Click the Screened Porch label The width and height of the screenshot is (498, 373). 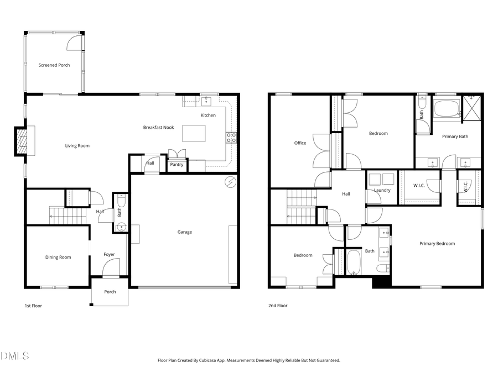[54, 65]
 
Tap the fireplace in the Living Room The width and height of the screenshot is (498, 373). [20, 141]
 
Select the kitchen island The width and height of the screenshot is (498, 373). [194, 133]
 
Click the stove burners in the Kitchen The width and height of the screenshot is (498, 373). [231, 138]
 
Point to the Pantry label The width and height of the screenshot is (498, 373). [177, 165]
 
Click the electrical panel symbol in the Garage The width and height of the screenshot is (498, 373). [230, 182]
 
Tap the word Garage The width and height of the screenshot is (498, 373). [185, 232]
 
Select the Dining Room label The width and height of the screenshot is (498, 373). [58, 257]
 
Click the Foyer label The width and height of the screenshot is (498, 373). [110, 255]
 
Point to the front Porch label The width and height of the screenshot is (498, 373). [110, 292]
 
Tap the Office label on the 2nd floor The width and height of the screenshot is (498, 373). [300, 143]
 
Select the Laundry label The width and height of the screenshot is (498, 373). [382, 190]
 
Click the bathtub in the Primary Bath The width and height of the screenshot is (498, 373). [447, 109]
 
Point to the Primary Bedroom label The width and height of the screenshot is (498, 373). [437, 244]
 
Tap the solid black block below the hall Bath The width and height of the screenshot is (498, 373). [381, 282]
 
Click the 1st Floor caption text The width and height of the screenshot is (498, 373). [33, 306]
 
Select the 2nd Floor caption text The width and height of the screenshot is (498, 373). [278, 306]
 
